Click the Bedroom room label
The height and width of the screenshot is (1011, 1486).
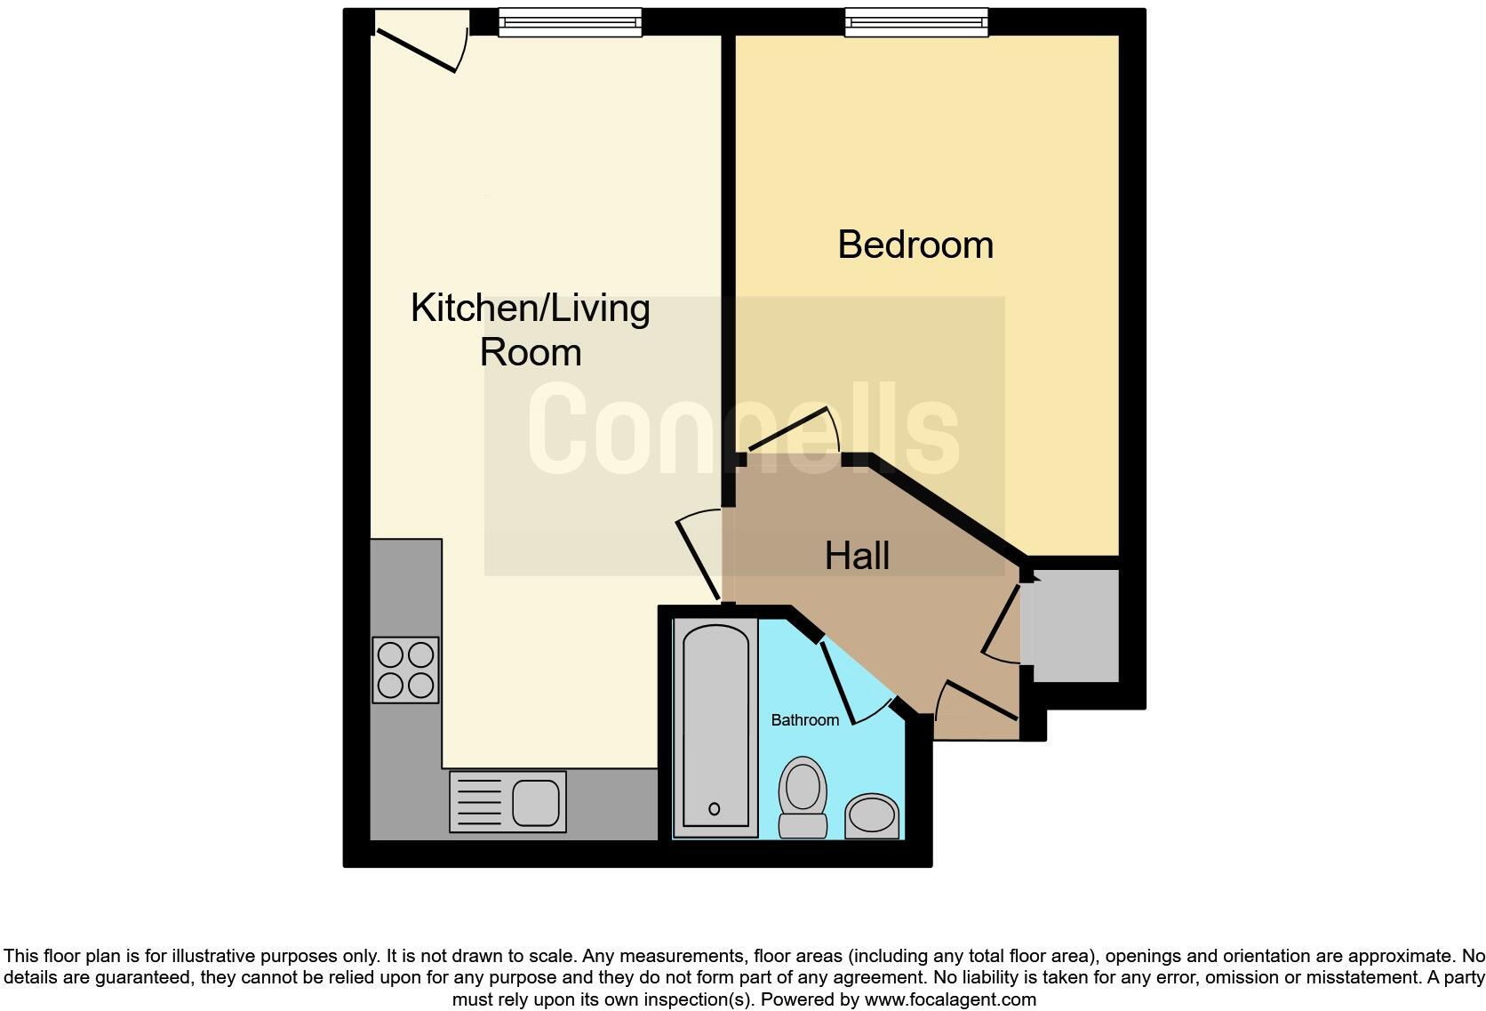coord(915,245)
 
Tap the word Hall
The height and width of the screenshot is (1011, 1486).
coord(857,556)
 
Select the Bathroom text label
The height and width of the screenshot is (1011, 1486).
coord(804,720)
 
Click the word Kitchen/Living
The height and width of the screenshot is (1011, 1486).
coord(530,309)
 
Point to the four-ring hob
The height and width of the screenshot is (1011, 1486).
coord(405,670)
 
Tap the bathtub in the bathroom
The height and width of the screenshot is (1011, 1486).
coord(715,725)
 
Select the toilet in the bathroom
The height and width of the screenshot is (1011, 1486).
coord(803,796)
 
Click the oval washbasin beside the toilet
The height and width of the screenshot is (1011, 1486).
coord(871,815)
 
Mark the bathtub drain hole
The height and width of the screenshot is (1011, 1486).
coord(714,809)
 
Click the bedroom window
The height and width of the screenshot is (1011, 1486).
coord(915,22)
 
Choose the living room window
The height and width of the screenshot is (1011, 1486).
coord(570,22)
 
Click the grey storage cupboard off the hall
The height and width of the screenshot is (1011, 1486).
coord(1070,625)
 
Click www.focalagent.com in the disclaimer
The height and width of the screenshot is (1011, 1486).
coord(950,999)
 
